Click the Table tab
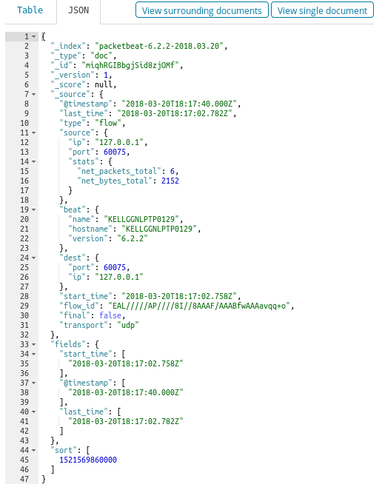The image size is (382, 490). pyautogui.click(x=30, y=10)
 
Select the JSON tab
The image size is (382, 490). pyautogui.click(x=78, y=10)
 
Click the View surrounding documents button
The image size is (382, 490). pyautogui.click(x=202, y=10)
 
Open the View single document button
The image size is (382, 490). pyautogui.click(x=322, y=10)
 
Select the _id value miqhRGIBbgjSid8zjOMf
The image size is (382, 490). pyautogui.click(x=130, y=65)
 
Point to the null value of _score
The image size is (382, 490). pyautogui.click(x=104, y=84)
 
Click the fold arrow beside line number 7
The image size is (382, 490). pyautogui.click(x=34, y=95)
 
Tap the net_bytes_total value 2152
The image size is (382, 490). pyautogui.click(x=170, y=181)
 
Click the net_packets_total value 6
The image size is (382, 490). pyautogui.click(x=172, y=171)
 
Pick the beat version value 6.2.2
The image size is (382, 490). pyautogui.click(x=133, y=238)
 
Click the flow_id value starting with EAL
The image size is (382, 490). pyautogui.click(x=199, y=306)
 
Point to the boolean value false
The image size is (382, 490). pyautogui.click(x=110, y=315)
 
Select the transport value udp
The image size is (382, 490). pyautogui.click(x=128, y=325)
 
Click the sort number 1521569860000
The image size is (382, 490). pyautogui.click(x=88, y=460)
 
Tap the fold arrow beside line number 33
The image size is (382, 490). pyautogui.click(x=34, y=344)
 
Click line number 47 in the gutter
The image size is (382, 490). pyautogui.click(x=24, y=479)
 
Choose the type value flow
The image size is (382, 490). pyautogui.click(x=108, y=123)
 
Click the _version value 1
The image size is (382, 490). pyautogui.click(x=106, y=75)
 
